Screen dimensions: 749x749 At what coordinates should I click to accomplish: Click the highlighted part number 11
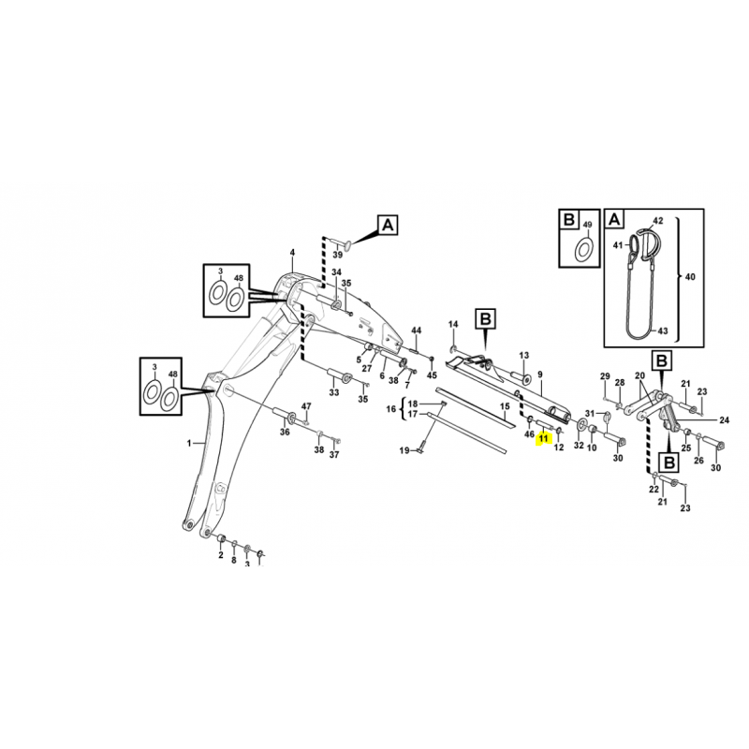(544, 438)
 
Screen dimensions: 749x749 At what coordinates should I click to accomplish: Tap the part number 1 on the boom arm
(189, 443)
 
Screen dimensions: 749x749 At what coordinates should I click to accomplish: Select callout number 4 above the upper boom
(292, 253)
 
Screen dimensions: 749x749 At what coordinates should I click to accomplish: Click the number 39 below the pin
(338, 254)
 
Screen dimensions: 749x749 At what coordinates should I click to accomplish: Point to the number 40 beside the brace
(690, 276)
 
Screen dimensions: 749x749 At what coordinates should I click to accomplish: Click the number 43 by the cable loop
(663, 330)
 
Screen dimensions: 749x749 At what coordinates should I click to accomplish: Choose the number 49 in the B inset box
(588, 225)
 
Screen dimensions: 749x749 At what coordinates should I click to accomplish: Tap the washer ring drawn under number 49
(583, 250)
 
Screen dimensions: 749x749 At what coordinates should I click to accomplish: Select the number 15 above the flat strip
(505, 406)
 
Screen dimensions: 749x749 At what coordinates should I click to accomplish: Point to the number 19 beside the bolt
(404, 450)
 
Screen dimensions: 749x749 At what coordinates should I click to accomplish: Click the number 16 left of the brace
(391, 409)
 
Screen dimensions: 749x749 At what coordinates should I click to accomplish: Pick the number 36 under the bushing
(285, 433)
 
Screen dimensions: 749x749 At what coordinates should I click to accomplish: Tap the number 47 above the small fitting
(306, 406)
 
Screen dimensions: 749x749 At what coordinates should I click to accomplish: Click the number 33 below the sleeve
(334, 392)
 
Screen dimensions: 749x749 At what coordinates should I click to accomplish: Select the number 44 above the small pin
(417, 330)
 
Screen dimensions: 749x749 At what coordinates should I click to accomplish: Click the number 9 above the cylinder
(540, 375)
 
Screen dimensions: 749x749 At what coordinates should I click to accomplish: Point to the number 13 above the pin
(524, 356)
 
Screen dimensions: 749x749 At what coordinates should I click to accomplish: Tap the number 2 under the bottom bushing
(221, 555)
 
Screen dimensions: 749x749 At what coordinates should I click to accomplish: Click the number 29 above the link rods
(605, 376)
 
